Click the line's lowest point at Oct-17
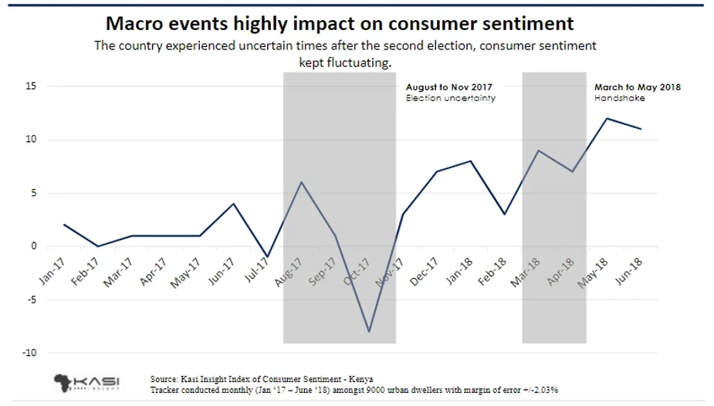pos(369,331)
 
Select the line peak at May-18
pos(607,118)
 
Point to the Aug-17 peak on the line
pos(301,182)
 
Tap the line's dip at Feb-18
pos(505,214)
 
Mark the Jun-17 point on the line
pos(233,204)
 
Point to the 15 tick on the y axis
pos(31,86)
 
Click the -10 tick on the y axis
pos(29,353)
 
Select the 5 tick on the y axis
pos(33,193)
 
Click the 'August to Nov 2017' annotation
pos(448,87)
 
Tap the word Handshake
pos(614,99)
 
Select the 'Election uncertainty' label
pos(450,99)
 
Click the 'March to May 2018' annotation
pos(637,87)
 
